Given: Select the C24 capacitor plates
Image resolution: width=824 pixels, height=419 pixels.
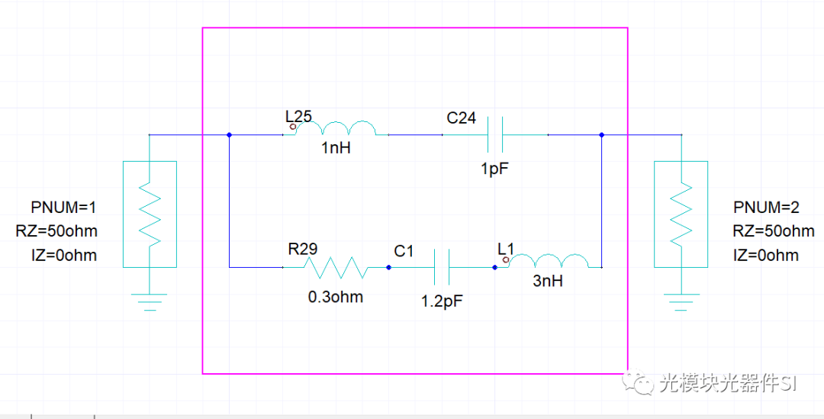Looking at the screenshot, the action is coord(495,134).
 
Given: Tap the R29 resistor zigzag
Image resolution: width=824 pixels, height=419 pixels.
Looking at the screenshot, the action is coord(335,267).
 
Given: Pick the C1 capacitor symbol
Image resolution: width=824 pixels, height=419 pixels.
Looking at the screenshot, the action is coord(442,267).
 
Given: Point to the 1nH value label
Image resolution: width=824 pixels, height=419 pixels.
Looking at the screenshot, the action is coord(336,148).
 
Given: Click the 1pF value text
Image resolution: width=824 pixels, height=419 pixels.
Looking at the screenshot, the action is coord(495,169).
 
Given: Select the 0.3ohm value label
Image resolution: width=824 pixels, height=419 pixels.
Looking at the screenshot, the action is coord(335,297).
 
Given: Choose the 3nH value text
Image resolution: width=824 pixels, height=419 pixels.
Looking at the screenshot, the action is coord(548,282).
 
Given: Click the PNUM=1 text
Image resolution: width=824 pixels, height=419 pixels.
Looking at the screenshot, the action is coord(63,208).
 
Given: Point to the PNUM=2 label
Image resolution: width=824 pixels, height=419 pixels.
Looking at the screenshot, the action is coord(766,208).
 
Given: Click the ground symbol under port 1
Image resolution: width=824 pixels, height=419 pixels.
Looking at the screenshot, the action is coord(150,301).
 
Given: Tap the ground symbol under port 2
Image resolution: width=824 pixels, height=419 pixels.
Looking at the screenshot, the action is coord(681,301).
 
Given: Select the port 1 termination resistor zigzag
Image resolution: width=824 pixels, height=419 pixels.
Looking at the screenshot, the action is coord(150,214).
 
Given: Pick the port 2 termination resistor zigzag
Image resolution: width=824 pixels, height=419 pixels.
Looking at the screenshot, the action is coord(681,214).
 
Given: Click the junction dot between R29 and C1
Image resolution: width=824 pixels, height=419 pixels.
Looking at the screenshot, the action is coord(389,268).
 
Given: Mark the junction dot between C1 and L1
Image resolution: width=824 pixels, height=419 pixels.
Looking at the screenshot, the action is coord(494,268).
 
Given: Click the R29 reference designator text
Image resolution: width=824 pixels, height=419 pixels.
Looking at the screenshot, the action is coord(303,249).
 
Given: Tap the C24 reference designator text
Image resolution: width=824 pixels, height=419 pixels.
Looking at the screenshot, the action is coord(462,118).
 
